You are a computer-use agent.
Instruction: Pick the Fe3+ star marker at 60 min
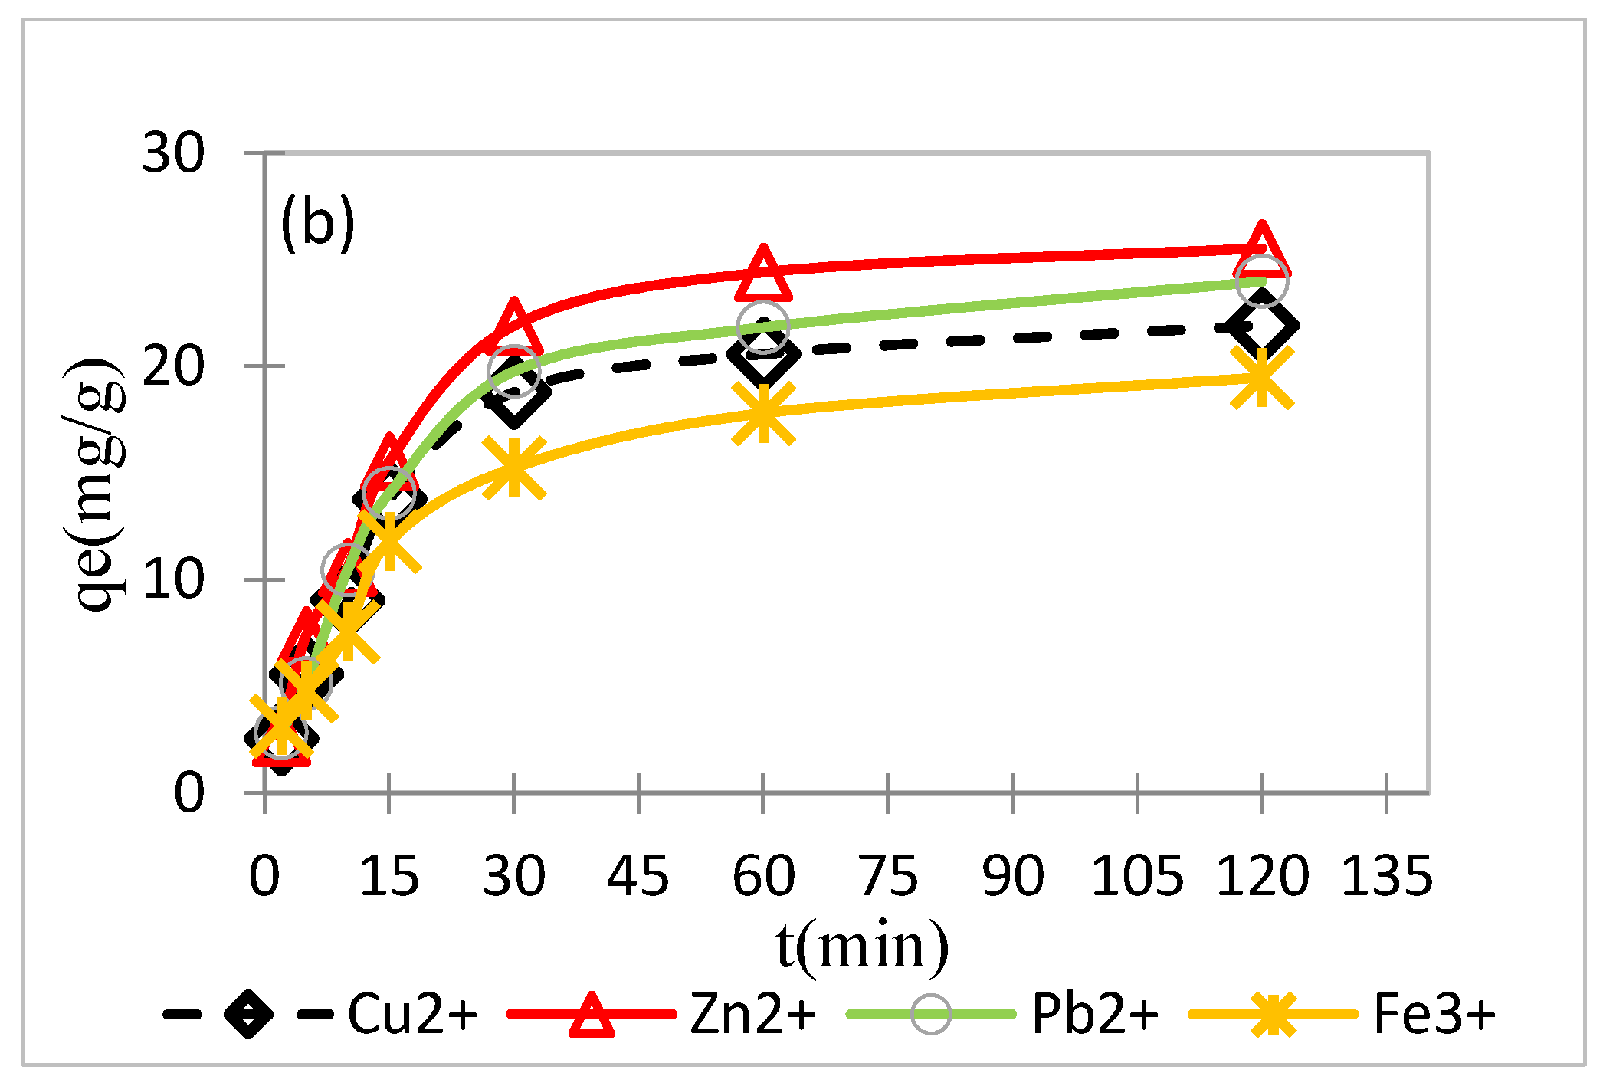tap(763, 413)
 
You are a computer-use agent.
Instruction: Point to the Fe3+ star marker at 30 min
tap(514, 467)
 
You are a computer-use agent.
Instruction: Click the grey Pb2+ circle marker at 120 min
tap(1262, 281)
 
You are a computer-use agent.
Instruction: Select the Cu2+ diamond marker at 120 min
tap(1262, 326)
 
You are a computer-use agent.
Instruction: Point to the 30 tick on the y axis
tap(173, 153)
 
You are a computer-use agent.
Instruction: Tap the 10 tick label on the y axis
tap(173, 579)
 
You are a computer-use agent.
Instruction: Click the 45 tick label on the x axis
tap(638, 876)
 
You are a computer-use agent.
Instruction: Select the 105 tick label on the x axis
tap(1136, 876)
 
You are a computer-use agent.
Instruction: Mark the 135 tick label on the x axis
tap(1386, 876)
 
